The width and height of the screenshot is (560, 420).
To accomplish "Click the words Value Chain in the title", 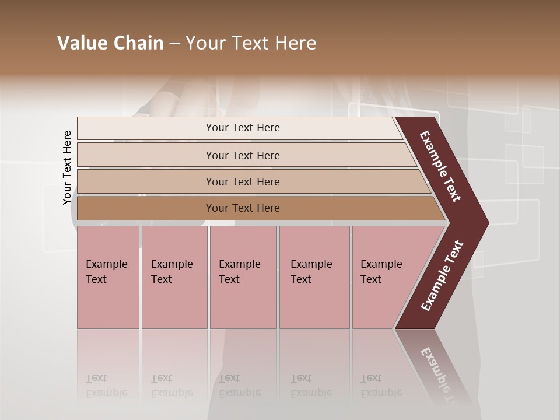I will click(x=110, y=43).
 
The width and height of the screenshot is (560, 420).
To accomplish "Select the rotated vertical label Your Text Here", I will click(x=67, y=167).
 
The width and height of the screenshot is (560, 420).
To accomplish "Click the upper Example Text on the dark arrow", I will click(x=440, y=166).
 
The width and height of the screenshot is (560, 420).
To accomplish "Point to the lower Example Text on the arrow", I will click(x=442, y=275).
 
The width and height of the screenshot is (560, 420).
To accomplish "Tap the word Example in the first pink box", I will click(x=106, y=264).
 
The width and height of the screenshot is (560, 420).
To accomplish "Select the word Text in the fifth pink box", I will click(x=371, y=279).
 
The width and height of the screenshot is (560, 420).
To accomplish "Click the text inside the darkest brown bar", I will click(x=243, y=208).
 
